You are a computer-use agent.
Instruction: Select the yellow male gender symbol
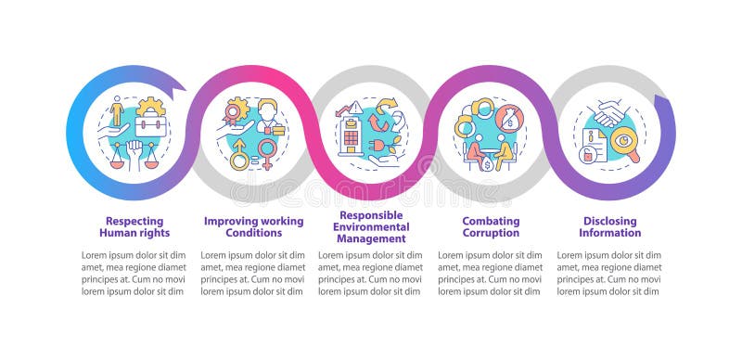238,155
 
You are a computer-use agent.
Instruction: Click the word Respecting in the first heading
134,221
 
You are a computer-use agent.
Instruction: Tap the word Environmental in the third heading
370,226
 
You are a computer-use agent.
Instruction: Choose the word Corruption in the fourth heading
490,233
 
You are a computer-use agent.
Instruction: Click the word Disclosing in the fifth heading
610,221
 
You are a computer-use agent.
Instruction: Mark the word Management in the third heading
370,238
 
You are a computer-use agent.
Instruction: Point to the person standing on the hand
117,115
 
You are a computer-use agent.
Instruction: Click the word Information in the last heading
610,233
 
